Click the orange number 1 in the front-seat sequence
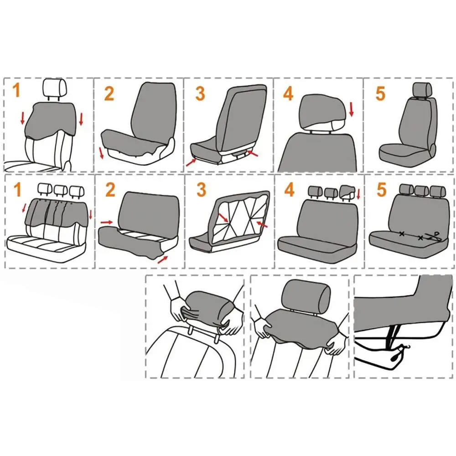point(16,91)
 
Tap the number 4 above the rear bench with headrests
point(289,189)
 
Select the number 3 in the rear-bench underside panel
point(201,189)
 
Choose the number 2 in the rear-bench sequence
point(110,189)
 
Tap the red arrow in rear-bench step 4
point(358,195)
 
